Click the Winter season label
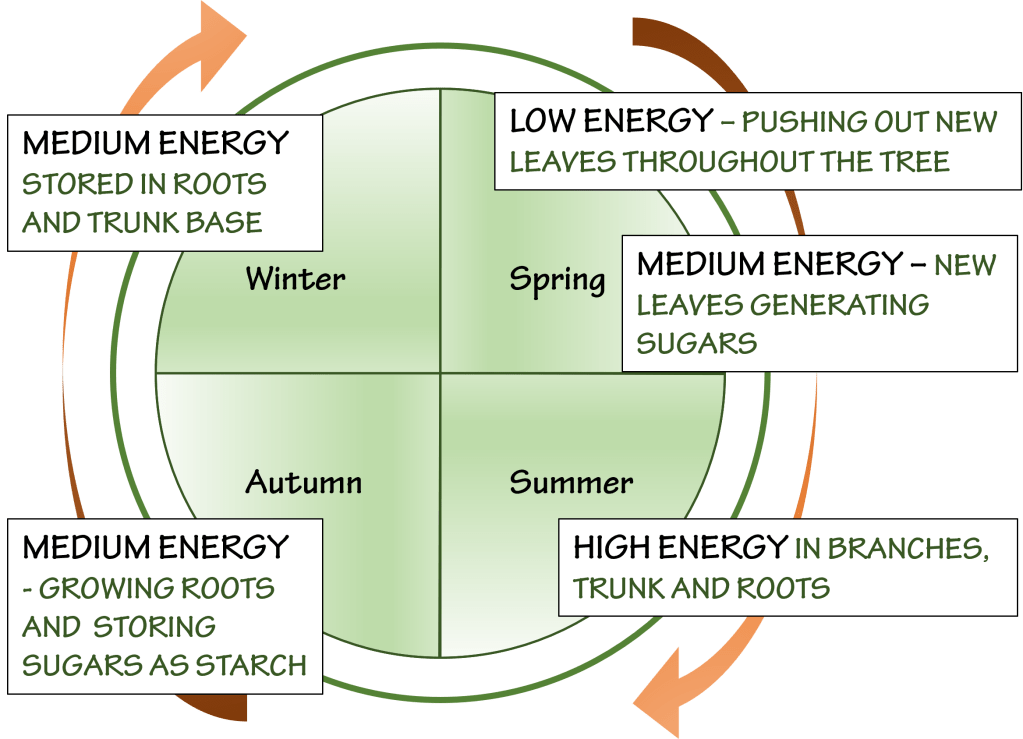tap(295, 278)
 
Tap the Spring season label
tap(557, 279)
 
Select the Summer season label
tap(571, 483)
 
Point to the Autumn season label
tap(304, 483)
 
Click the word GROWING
tap(104, 588)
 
